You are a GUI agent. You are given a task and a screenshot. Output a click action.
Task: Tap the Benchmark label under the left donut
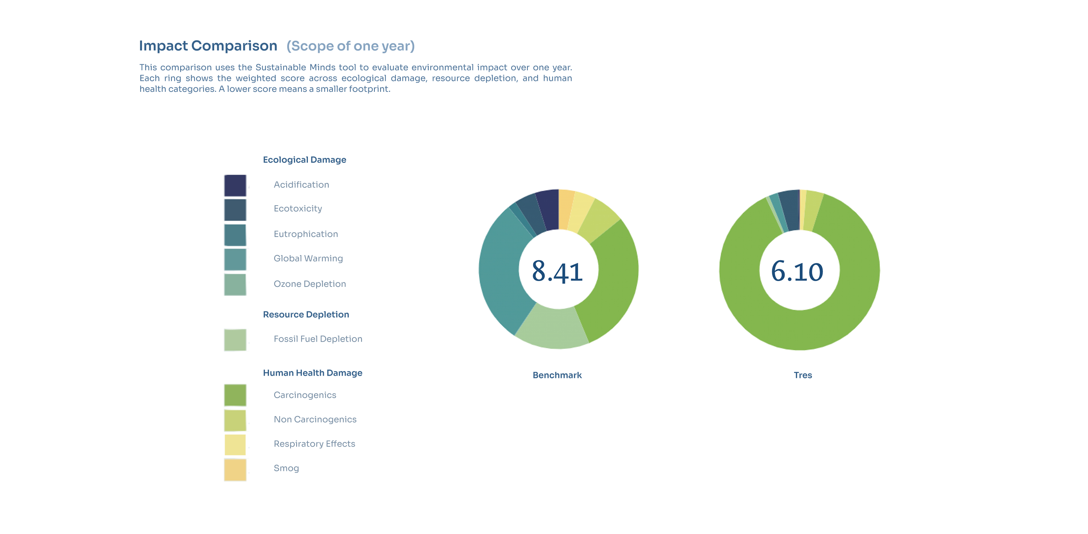[557, 375]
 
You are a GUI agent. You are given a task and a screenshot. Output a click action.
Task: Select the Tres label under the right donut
[802, 375]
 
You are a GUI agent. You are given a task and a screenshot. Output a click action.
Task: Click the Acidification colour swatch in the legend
[235, 186]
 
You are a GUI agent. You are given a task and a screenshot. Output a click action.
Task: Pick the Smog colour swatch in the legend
[235, 469]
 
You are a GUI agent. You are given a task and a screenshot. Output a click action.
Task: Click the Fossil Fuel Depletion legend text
[318, 339]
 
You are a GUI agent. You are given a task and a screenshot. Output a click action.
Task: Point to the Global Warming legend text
[308, 258]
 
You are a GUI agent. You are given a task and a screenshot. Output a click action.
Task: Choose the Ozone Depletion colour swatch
[235, 284]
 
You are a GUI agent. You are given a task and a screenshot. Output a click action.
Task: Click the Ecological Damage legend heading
[304, 160]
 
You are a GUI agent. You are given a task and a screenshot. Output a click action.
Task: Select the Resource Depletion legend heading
[306, 314]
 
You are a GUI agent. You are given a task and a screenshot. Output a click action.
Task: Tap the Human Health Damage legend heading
[312, 373]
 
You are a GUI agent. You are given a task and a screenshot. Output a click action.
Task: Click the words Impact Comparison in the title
[208, 46]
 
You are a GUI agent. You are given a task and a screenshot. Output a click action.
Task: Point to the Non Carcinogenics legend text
[315, 419]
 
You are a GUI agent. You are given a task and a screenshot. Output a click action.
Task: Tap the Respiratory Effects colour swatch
[235, 444]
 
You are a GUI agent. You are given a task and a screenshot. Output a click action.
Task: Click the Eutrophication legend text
[305, 234]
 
